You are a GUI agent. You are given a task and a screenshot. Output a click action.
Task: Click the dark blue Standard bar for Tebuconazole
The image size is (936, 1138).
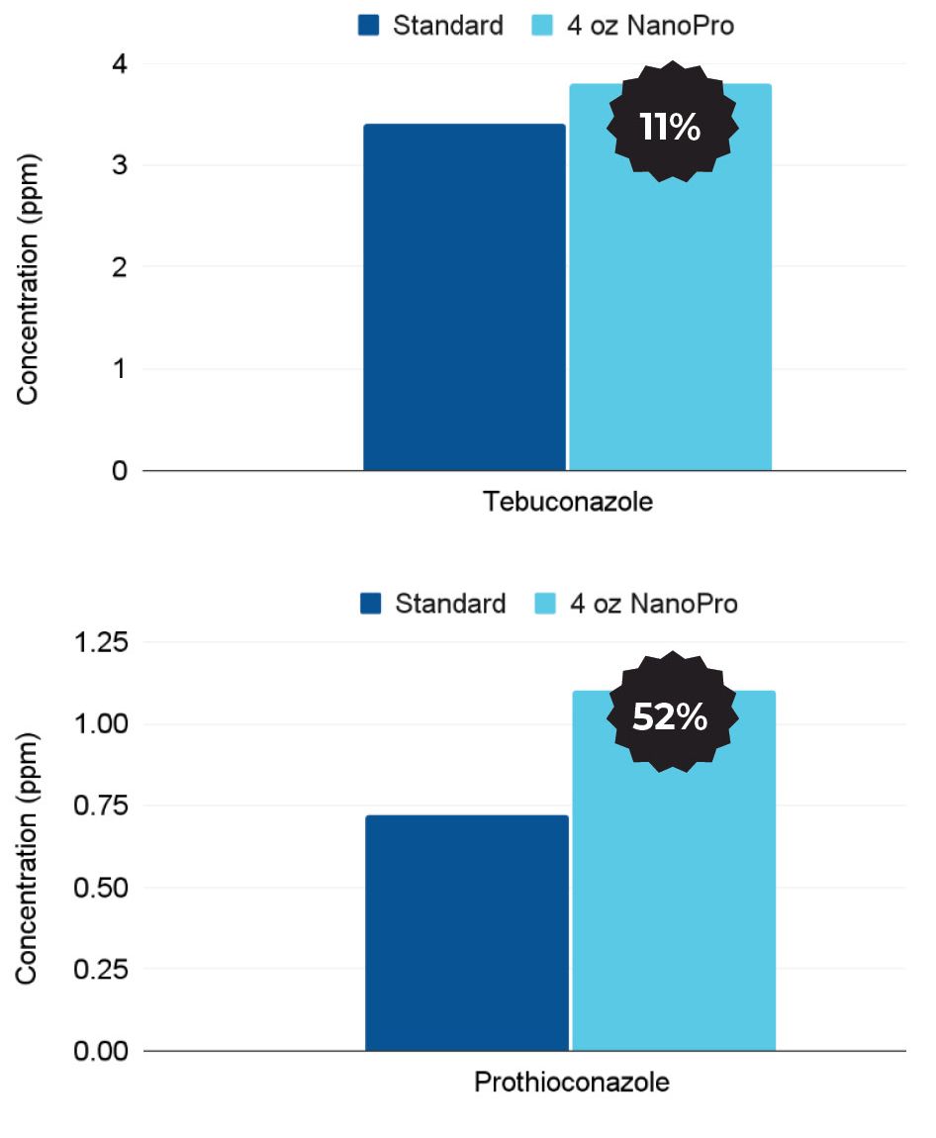point(464,297)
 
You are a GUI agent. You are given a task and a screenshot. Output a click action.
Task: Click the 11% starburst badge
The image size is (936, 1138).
point(670,126)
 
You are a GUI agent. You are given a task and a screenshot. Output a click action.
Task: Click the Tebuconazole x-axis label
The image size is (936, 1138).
point(568,502)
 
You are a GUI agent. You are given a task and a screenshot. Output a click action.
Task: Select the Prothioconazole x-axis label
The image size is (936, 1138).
point(571,1082)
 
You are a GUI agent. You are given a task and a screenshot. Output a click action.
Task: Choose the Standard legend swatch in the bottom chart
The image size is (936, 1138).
point(371,604)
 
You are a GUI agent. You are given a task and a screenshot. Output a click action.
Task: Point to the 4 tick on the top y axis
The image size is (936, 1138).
point(120,63)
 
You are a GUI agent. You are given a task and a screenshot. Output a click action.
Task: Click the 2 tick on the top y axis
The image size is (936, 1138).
point(120,267)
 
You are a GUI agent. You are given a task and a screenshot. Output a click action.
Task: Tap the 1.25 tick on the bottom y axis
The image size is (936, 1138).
point(101,642)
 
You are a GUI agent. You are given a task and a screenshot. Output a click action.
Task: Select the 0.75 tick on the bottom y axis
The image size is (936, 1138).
point(101,806)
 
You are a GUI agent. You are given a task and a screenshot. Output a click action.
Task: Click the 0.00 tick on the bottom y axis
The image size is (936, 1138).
point(101,1050)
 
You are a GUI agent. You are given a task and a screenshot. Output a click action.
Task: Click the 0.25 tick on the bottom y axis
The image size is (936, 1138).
point(101,969)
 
